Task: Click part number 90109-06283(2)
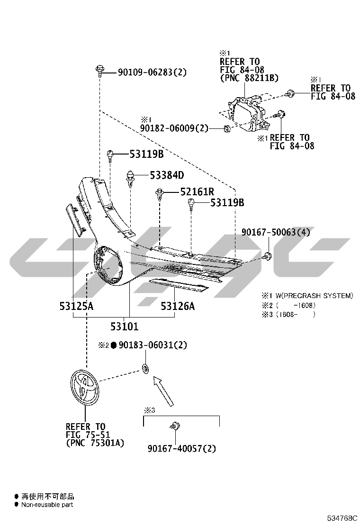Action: [x=152, y=72]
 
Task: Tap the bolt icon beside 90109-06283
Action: [x=99, y=71]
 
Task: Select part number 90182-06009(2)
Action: [x=174, y=128]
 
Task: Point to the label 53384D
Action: [x=167, y=175]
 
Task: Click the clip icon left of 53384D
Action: [x=130, y=178]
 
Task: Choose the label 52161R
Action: [x=197, y=191]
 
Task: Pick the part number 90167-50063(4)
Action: [x=276, y=232]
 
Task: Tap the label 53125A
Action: [x=76, y=306]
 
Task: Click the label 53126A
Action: [x=178, y=306]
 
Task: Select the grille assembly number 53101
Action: [x=124, y=327]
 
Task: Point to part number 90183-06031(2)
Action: [x=153, y=345]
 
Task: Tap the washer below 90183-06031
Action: [x=145, y=368]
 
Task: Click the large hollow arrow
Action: [x=163, y=391]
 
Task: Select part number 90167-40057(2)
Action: [x=182, y=448]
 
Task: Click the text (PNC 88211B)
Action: [x=249, y=78]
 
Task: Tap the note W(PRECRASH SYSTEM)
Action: [x=315, y=296]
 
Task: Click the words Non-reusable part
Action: [x=47, y=504]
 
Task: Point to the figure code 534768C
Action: [x=342, y=518]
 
